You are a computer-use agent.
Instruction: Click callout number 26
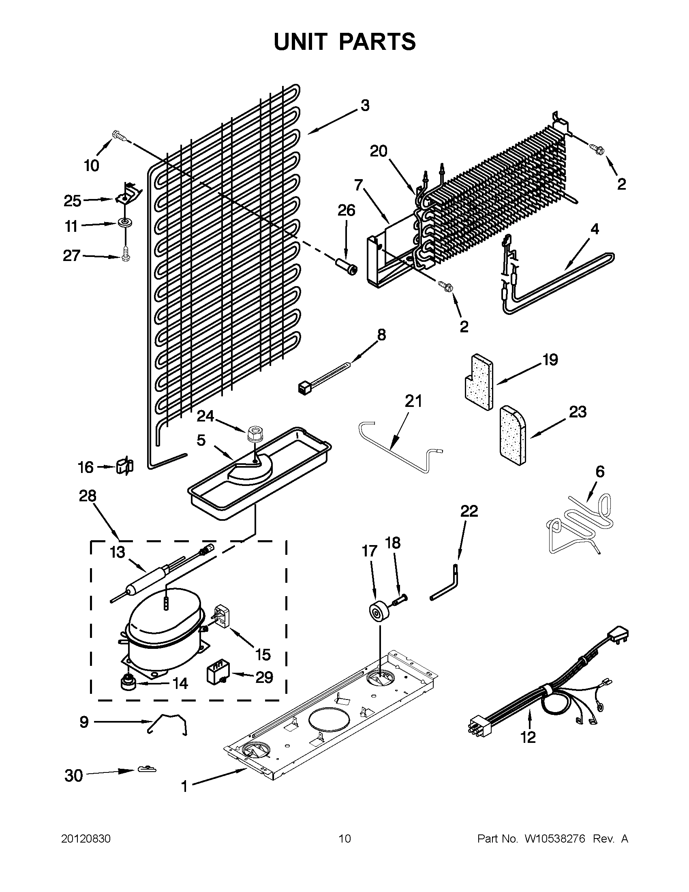pos(347,211)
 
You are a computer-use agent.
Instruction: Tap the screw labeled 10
pos(120,136)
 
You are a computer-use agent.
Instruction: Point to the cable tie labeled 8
pos(323,375)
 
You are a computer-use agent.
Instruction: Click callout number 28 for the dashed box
pos(88,496)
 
